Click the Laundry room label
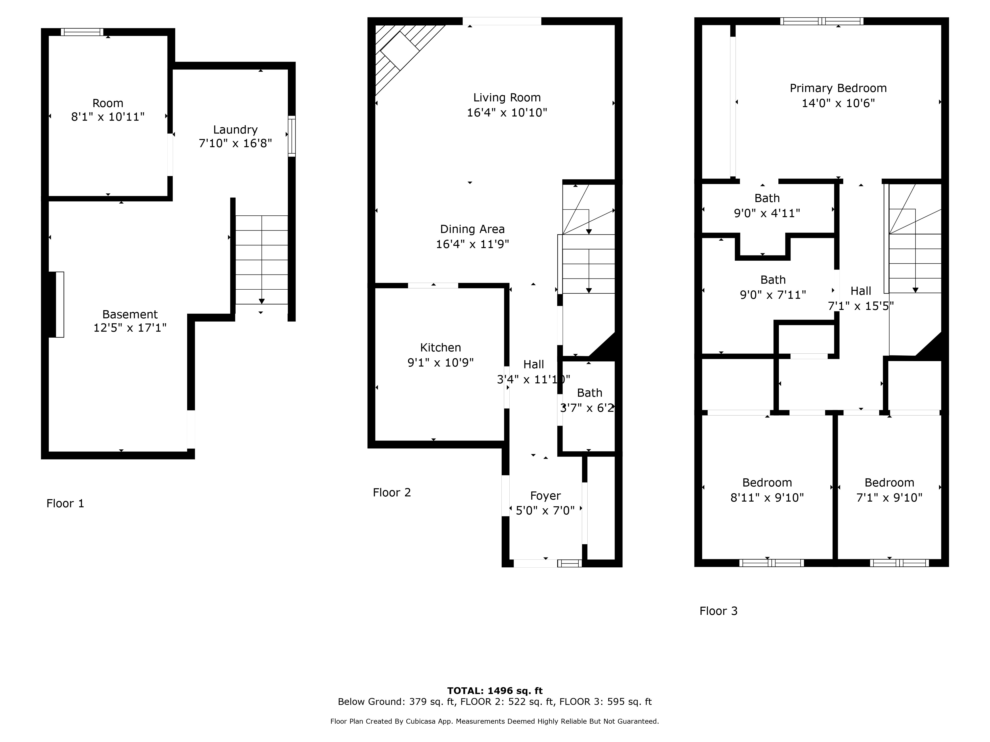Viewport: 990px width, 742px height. (235, 130)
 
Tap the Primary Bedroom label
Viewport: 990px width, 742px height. (838, 88)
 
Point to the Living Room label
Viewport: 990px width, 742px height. (507, 97)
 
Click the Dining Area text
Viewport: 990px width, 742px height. (473, 229)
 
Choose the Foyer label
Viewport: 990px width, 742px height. (545, 496)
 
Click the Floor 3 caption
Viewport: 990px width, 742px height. (718, 611)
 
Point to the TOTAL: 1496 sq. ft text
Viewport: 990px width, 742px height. (495, 691)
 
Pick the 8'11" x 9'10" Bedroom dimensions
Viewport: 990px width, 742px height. (767, 497)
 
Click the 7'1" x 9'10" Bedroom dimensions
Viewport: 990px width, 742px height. (889, 497)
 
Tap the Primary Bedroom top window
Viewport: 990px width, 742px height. (822, 21)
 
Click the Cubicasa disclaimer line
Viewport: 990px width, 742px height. (495, 721)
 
